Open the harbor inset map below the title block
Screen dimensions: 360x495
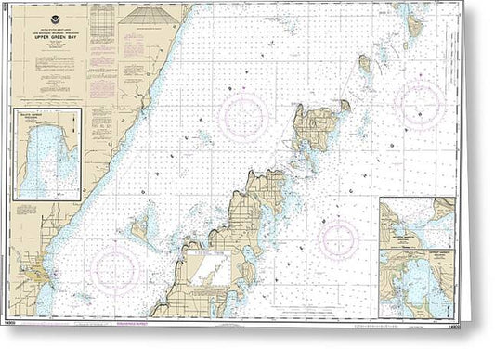tap(49, 153)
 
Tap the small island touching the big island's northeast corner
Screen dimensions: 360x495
tap(345, 105)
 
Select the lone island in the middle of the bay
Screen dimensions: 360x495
tap(142, 226)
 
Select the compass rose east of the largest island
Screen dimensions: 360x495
tap(419, 103)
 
